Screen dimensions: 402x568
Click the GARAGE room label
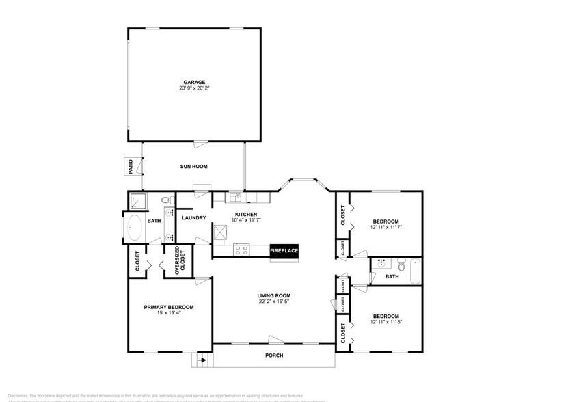(194, 82)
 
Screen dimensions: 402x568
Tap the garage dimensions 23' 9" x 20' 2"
(194, 88)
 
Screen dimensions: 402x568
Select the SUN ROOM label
(193, 166)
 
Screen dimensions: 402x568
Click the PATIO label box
(130, 166)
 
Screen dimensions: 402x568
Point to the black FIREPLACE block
(284, 251)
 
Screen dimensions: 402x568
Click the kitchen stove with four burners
(241, 250)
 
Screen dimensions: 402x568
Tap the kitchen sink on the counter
(236, 198)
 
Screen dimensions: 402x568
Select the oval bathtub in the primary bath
(134, 228)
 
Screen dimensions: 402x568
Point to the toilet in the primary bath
(165, 200)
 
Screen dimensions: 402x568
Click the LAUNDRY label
(194, 218)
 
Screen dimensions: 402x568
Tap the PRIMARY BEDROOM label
(168, 308)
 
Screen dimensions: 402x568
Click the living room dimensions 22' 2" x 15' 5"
(275, 301)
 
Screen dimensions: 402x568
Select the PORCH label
(274, 356)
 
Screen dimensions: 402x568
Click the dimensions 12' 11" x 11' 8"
(386, 321)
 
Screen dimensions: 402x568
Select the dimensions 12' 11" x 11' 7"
(386, 227)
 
